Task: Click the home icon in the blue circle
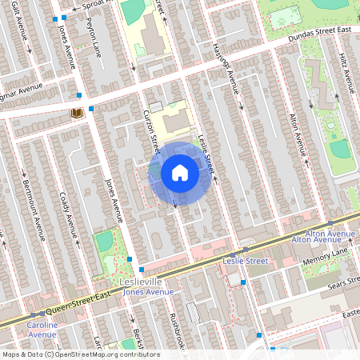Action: (179, 172)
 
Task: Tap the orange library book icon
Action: (77, 114)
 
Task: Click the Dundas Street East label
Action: (321, 33)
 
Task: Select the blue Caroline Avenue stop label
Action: (42, 330)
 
